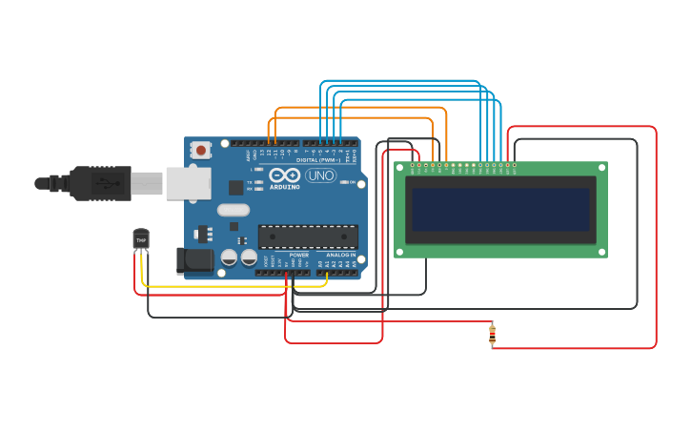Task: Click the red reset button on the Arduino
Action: pyautogui.click(x=200, y=150)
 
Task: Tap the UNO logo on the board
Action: pyautogui.click(x=319, y=176)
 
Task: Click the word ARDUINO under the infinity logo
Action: pyautogui.click(x=284, y=187)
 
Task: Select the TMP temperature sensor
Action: pyautogui.click(x=141, y=238)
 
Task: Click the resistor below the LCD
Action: pyautogui.click(x=492, y=334)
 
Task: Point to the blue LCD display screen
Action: pyautogui.click(x=500, y=209)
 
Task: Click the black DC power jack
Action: pyautogui.click(x=195, y=259)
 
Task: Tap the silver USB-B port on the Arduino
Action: pyautogui.click(x=189, y=183)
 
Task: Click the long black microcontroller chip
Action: pyautogui.click(x=308, y=237)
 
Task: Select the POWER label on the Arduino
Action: pyautogui.click(x=298, y=255)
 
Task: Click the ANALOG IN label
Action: pyautogui.click(x=340, y=255)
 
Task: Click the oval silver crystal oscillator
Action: pyautogui.click(x=234, y=210)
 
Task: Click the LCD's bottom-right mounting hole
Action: pyautogui.click(x=602, y=253)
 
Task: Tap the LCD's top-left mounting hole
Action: pyautogui.click(x=399, y=167)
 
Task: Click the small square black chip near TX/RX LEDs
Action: pyautogui.click(x=235, y=188)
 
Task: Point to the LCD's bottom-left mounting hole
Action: pyautogui.click(x=399, y=253)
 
